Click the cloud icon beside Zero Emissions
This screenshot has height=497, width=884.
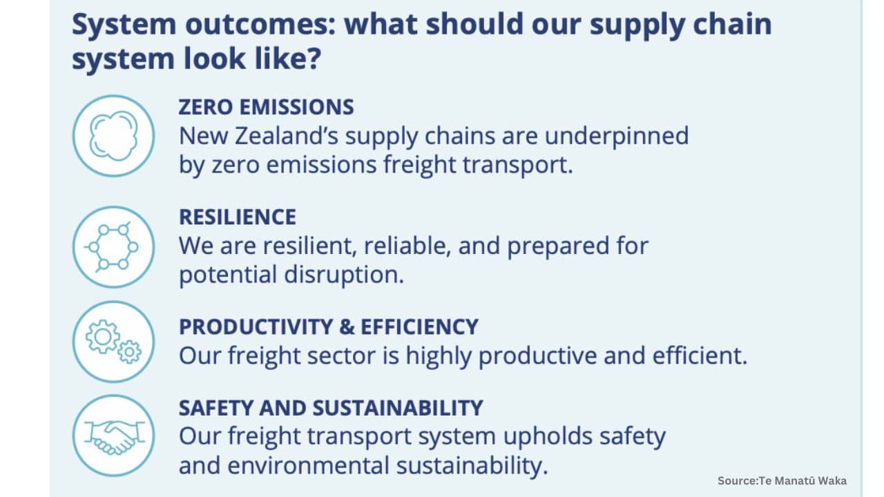click(114, 136)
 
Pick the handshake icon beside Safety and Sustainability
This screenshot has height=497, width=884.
click(114, 436)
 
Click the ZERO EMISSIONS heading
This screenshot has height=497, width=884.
click(267, 107)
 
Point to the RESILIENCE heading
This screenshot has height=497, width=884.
click(238, 217)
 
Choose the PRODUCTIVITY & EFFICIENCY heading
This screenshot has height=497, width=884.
click(329, 327)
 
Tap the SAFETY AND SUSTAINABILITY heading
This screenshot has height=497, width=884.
click(331, 408)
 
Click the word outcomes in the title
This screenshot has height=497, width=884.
click(260, 24)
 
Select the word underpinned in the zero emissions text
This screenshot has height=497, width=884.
click(617, 137)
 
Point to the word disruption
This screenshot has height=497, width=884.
click(344, 275)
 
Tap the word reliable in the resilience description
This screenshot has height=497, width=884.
click(407, 246)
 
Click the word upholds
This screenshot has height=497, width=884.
click(548, 437)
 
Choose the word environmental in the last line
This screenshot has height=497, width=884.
click(308, 466)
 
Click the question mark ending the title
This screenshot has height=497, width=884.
click(314, 59)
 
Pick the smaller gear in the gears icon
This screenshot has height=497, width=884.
click(129, 351)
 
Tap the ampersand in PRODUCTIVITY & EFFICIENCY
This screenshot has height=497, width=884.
click(347, 327)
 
